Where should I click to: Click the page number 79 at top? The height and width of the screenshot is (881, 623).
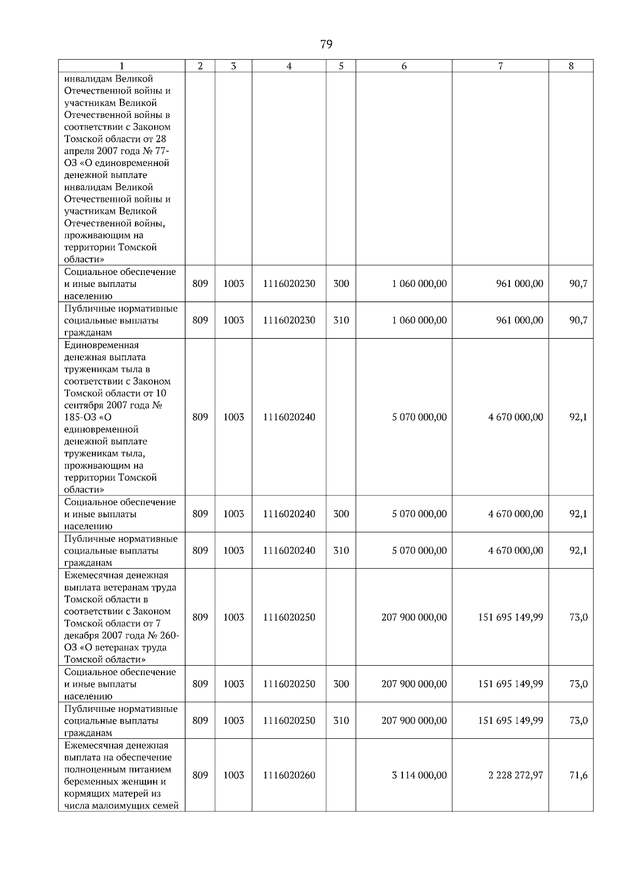pos(326,45)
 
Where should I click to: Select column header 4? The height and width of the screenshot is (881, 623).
pos(289,66)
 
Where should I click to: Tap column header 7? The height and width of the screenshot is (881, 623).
pos(500,66)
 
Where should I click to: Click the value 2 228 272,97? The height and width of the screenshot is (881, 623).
pos(516,775)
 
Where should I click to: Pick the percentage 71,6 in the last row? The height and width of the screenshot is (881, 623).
pos(578,775)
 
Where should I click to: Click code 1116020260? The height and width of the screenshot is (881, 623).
pos(289,775)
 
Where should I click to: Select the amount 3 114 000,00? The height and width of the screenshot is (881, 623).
pos(419,775)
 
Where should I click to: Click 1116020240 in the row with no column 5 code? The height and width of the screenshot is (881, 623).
pos(289,417)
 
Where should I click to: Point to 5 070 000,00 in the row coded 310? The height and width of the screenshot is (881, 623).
pos(419,550)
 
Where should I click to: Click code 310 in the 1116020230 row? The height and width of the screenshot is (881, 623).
pos(341,320)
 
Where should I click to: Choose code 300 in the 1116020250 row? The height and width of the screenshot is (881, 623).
pos(341,684)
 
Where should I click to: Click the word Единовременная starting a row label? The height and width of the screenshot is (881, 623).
pos(101,345)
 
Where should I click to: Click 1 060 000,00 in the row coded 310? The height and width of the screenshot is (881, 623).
pos(419,320)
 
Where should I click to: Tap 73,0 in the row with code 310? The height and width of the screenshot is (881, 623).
pos(578,721)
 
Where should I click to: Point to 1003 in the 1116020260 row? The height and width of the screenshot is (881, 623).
pos(234,775)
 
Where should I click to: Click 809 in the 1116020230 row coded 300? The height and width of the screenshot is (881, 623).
pos(200,284)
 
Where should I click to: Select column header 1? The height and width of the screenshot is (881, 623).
pos(121,66)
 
